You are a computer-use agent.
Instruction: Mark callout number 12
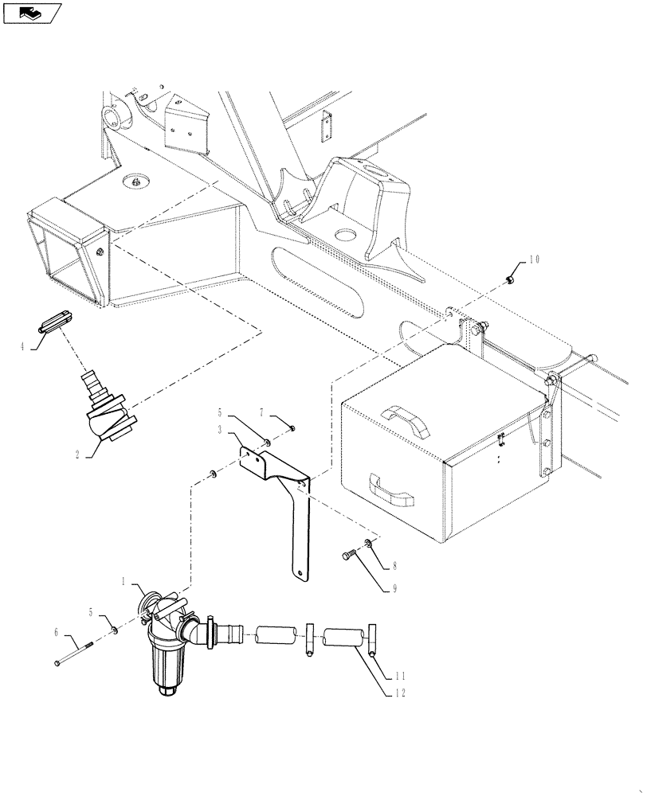coord(400,693)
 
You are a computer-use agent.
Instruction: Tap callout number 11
coord(400,676)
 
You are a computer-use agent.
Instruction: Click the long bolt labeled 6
coord(76,650)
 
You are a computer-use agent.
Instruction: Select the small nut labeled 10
coord(510,279)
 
